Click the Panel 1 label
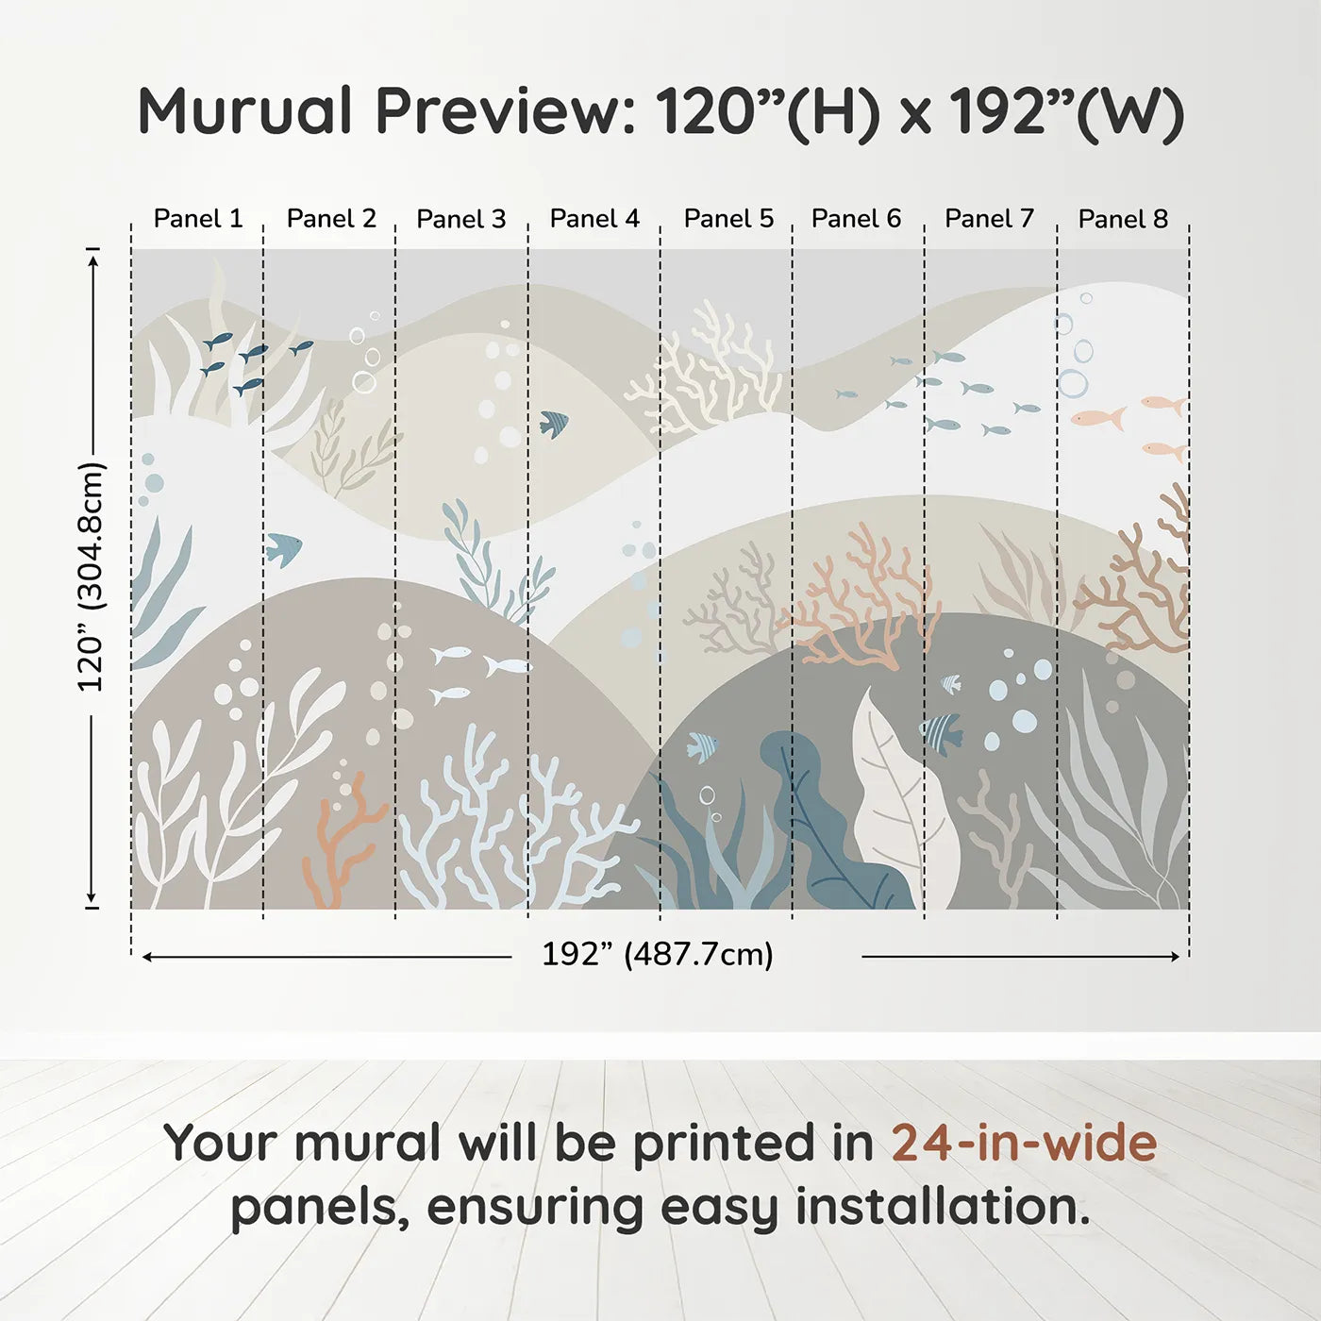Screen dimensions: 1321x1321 (198, 219)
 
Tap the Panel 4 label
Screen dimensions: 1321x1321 (594, 219)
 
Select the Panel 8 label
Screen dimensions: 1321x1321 (1123, 219)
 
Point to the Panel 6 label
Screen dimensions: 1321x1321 (856, 219)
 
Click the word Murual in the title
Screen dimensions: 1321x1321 (244, 110)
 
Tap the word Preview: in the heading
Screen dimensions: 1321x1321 (507, 111)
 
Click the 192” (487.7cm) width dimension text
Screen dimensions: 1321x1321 (658, 954)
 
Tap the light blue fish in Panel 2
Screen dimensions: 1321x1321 (283, 548)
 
